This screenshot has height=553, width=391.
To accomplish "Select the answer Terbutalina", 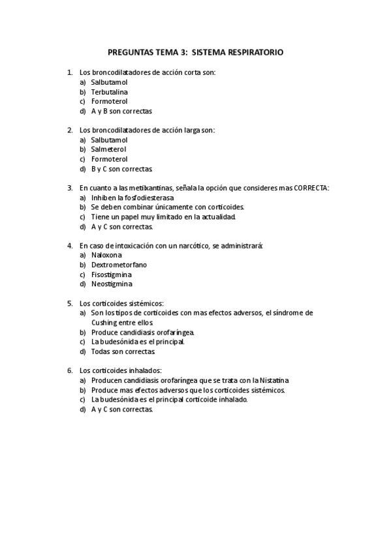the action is (109, 92).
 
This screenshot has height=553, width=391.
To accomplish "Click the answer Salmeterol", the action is (109, 149).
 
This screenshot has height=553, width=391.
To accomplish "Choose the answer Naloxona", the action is (106, 255).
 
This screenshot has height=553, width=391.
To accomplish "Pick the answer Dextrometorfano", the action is (119, 265).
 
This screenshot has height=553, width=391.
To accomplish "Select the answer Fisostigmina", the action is (111, 275).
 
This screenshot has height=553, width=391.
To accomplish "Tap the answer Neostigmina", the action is (111, 284).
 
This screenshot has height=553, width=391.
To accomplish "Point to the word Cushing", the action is (104, 322).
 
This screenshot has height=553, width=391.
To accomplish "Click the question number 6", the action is (69, 370).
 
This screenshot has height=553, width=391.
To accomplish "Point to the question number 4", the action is (69, 246).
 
